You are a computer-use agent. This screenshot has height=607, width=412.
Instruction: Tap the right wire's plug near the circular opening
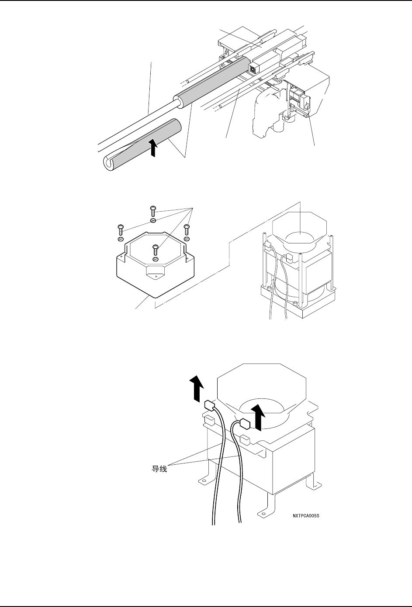coord(244,423)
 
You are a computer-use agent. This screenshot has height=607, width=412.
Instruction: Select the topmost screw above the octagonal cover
coord(153,210)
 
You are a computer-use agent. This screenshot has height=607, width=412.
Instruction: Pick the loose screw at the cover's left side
coord(120,229)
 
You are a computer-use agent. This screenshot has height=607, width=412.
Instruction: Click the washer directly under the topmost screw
coord(153,220)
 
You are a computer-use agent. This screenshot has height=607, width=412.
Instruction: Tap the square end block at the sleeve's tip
coord(252,68)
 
